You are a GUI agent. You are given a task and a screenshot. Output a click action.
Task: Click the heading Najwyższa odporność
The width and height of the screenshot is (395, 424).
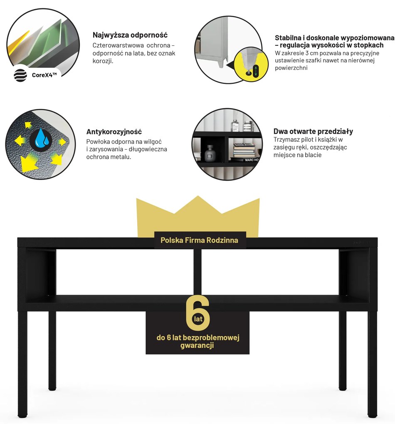pos(130,35)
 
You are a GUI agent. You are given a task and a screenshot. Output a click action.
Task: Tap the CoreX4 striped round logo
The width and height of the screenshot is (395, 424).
pos(20,75)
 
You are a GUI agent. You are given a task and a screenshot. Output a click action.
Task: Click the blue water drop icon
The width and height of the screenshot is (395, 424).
pos(42,138)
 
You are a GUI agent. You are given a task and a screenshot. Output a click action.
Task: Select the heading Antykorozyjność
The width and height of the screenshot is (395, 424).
pos(114,132)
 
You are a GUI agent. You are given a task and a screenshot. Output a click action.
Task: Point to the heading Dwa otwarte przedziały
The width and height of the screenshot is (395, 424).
pos(313,131)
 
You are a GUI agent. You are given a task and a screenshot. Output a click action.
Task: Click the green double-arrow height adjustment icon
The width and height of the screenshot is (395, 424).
pos(256,71)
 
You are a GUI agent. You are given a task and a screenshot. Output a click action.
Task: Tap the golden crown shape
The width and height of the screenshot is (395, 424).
pos(198,216)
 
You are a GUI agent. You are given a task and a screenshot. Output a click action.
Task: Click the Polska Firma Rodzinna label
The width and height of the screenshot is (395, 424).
pos(200,240)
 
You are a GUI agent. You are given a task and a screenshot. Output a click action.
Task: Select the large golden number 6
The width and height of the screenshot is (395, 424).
pos(198,313)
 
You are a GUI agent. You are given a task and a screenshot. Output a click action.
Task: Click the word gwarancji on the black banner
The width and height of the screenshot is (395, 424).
pos(197,345)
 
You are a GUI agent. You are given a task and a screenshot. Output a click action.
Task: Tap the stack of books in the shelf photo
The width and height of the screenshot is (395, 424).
pos(245,150)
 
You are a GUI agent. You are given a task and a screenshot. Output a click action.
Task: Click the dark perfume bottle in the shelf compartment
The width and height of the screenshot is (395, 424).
pos(210,153)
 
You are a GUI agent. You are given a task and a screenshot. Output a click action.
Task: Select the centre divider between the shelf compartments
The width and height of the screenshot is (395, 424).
pos(197,271)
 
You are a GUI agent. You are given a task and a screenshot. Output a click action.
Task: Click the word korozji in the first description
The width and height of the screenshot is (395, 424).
pos(103,61)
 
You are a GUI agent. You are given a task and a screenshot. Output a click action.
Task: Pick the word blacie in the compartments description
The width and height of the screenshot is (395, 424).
pos(313,155)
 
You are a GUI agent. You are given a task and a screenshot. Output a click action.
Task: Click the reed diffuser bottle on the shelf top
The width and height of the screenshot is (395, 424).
pos(235,124)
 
